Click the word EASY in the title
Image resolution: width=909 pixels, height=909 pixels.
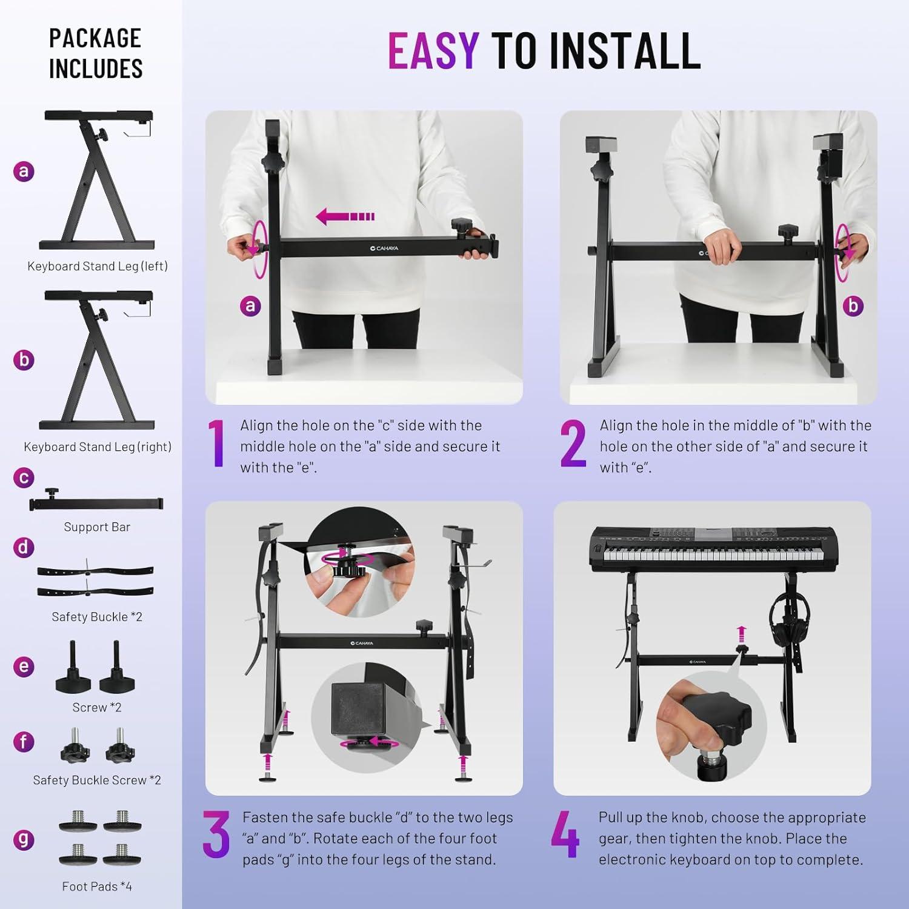pyautogui.click(x=433, y=50)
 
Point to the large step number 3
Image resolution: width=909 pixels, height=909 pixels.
pyautogui.click(x=216, y=835)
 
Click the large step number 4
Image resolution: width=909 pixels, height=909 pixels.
pyautogui.click(x=565, y=835)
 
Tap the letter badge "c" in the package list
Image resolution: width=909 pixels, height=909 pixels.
pyautogui.click(x=24, y=478)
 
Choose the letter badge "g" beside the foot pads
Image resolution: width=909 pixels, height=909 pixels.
pyautogui.click(x=24, y=839)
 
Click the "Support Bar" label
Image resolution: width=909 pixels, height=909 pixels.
pyautogui.click(x=97, y=527)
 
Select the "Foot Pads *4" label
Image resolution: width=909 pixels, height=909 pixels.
pyautogui.click(x=97, y=886)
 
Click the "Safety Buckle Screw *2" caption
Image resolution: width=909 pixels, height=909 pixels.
pyautogui.click(x=97, y=780)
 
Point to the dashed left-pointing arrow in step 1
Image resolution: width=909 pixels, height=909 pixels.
pyautogui.click(x=345, y=216)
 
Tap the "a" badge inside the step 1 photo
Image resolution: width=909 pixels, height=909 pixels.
pyautogui.click(x=250, y=305)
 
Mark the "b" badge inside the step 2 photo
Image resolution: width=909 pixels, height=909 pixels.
pyautogui.click(x=853, y=305)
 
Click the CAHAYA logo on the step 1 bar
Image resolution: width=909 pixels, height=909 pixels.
pyautogui.click(x=384, y=248)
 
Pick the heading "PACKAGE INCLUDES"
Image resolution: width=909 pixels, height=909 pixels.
pyautogui.click(x=95, y=53)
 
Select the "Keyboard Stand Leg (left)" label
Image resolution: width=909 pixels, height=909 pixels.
pyautogui.click(x=97, y=266)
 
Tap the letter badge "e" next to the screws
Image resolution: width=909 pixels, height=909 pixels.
pyautogui.click(x=24, y=667)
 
